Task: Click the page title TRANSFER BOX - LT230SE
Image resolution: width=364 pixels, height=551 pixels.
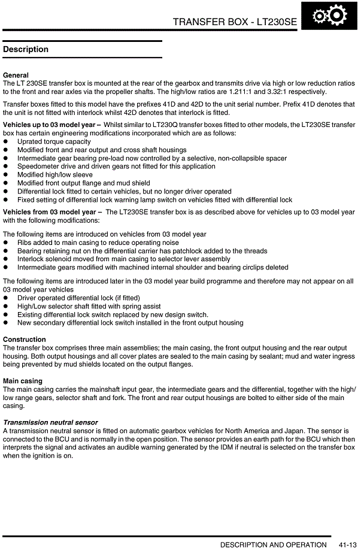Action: [235, 22]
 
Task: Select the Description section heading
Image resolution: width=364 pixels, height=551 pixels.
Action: [26, 49]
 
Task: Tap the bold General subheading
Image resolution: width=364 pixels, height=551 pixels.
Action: [16, 75]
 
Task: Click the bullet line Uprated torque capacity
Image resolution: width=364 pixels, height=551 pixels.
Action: [54, 142]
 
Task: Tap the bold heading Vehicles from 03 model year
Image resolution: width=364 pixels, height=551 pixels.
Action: [50, 212]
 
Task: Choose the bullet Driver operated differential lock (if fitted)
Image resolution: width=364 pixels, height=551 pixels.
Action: [78, 298]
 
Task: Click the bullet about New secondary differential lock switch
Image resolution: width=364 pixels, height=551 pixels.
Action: [130, 323]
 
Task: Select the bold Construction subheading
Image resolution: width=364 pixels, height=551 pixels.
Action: [25, 340]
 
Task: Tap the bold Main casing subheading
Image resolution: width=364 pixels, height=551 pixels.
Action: [23, 381]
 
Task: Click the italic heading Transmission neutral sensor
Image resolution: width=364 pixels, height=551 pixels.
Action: [50, 422]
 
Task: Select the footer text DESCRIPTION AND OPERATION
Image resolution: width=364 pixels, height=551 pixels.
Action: [273, 544]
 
